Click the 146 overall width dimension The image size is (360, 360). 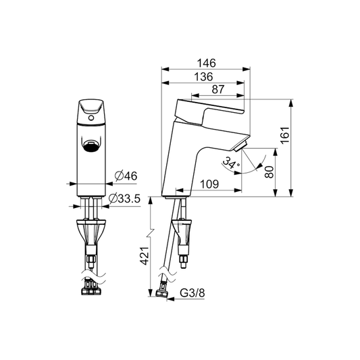[207, 62]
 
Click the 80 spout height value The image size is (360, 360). [270, 172]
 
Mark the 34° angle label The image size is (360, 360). [232, 163]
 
